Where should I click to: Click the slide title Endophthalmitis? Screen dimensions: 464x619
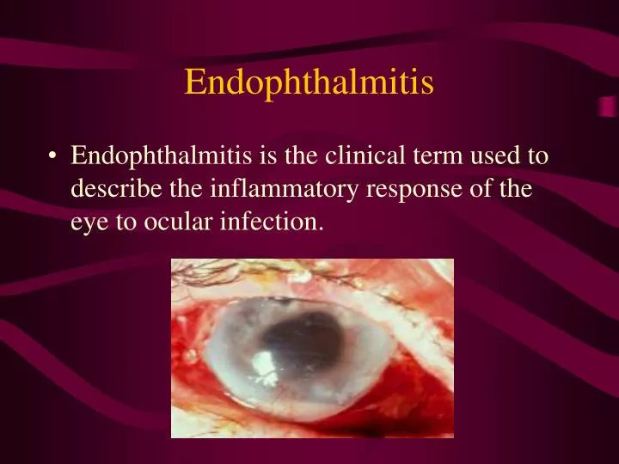[309, 82]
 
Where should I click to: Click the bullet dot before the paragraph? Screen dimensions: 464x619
[54, 157]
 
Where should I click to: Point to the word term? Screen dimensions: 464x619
[415, 156]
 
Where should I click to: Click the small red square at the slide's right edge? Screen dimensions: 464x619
[607, 106]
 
